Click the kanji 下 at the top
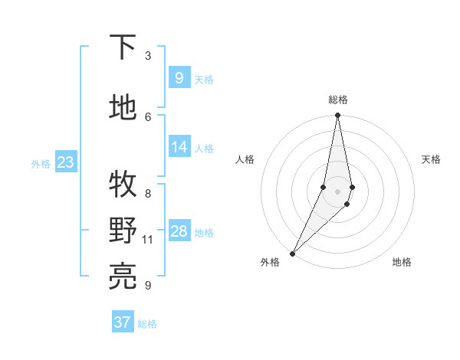tap(123, 47)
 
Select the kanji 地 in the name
tap(123, 108)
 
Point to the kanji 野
tap(123, 230)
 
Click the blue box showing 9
tap(179, 78)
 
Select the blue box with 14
tap(179, 147)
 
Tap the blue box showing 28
tap(179, 231)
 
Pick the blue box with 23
tap(65, 162)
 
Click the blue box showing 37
tap(122, 322)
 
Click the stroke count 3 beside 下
tap(148, 56)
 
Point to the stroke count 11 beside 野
tap(148, 240)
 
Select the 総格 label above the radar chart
tap(337, 100)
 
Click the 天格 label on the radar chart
tap(431, 159)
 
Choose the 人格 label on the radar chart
tap(245, 159)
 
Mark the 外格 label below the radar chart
tap(270, 262)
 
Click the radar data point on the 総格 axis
tap(337, 116)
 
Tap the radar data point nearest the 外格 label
tap(292, 253)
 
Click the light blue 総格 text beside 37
tap(147, 324)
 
